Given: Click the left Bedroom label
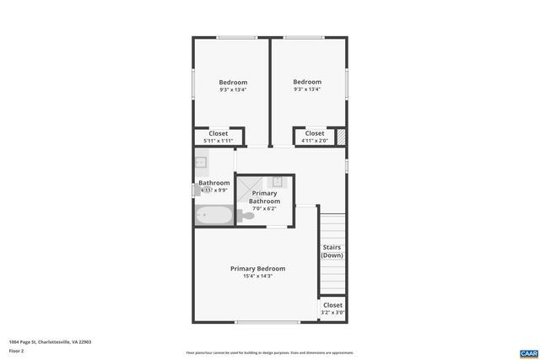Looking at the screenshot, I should pos(233,82).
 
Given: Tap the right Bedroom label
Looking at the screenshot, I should pos(307,82).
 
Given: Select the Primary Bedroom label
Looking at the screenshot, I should pos(257,269).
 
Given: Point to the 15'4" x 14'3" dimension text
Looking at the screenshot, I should pos(257,277).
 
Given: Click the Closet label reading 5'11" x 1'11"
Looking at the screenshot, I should pos(218,133).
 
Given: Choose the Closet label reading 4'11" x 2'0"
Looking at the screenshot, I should pos(314,133).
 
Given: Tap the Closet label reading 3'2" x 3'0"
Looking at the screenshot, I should pos(332,305).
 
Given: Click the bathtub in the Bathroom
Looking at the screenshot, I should pos(214,216).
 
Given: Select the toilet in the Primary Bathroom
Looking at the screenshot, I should pos(246,217).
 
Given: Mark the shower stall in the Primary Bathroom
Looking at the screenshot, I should pos(250,184).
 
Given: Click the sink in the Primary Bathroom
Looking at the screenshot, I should pos(278,181).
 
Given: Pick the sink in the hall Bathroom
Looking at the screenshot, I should pos(202,163).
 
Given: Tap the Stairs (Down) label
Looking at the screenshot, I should pos(332,250).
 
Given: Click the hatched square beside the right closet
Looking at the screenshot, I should pos(341,137).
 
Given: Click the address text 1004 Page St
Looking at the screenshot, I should pos(50,342).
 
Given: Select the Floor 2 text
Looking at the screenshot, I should pos(16,350).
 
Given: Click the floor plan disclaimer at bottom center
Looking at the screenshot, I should pos(270,352).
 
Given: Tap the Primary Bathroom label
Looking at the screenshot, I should pos(264,198).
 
